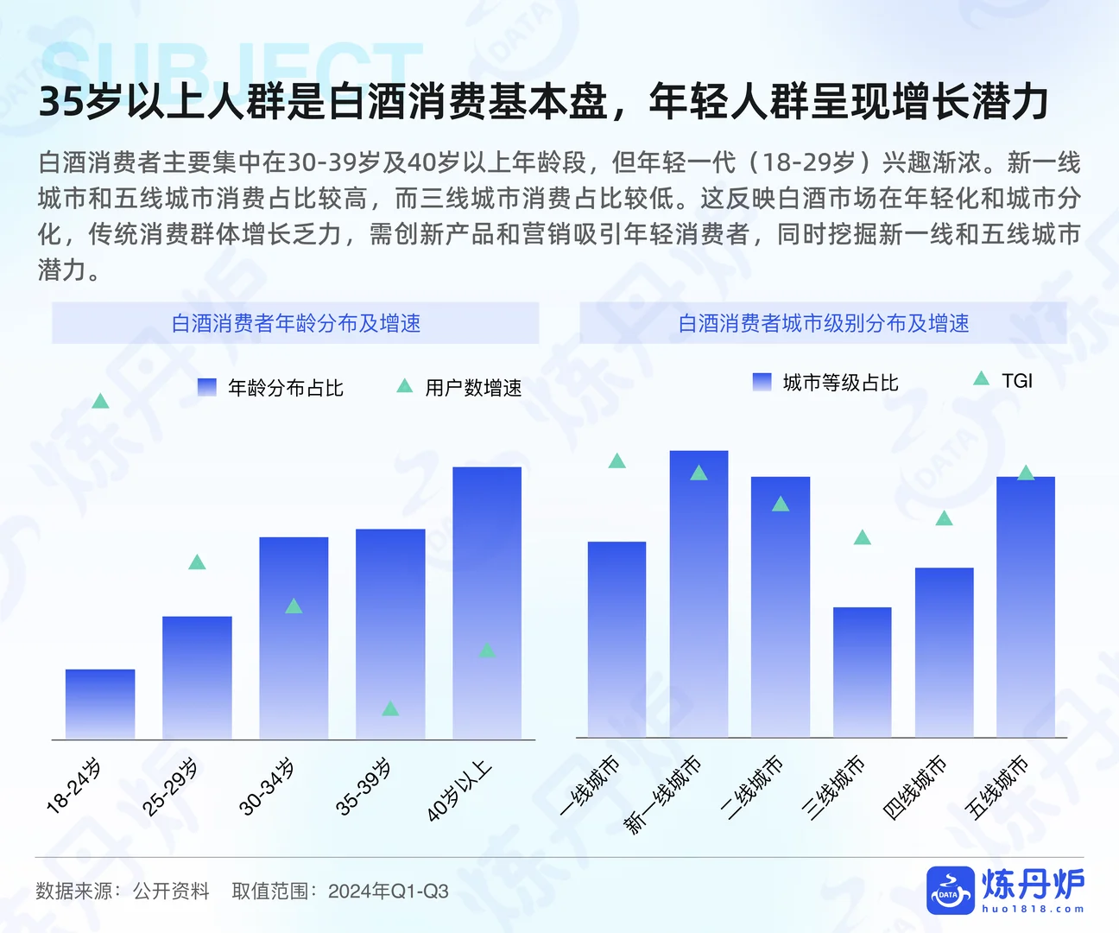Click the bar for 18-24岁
[x=100, y=704]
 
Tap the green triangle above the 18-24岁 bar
[x=100, y=401]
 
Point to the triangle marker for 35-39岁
[x=390, y=708]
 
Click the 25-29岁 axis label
[x=170, y=787]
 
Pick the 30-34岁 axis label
[x=267, y=787]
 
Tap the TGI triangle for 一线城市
[x=616, y=461]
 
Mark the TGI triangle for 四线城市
[x=944, y=518]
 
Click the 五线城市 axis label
[x=997, y=787]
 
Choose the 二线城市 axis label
[x=752, y=787]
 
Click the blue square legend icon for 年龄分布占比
[x=207, y=387]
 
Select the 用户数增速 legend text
[x=473, y=388]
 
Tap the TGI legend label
[x=1016, y=381]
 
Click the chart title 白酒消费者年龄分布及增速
[x=295, y=323]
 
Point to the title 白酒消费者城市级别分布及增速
[x=823, y=323]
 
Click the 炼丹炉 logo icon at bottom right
[x=950, y=890]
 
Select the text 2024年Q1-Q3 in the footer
[x=388, y=892]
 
